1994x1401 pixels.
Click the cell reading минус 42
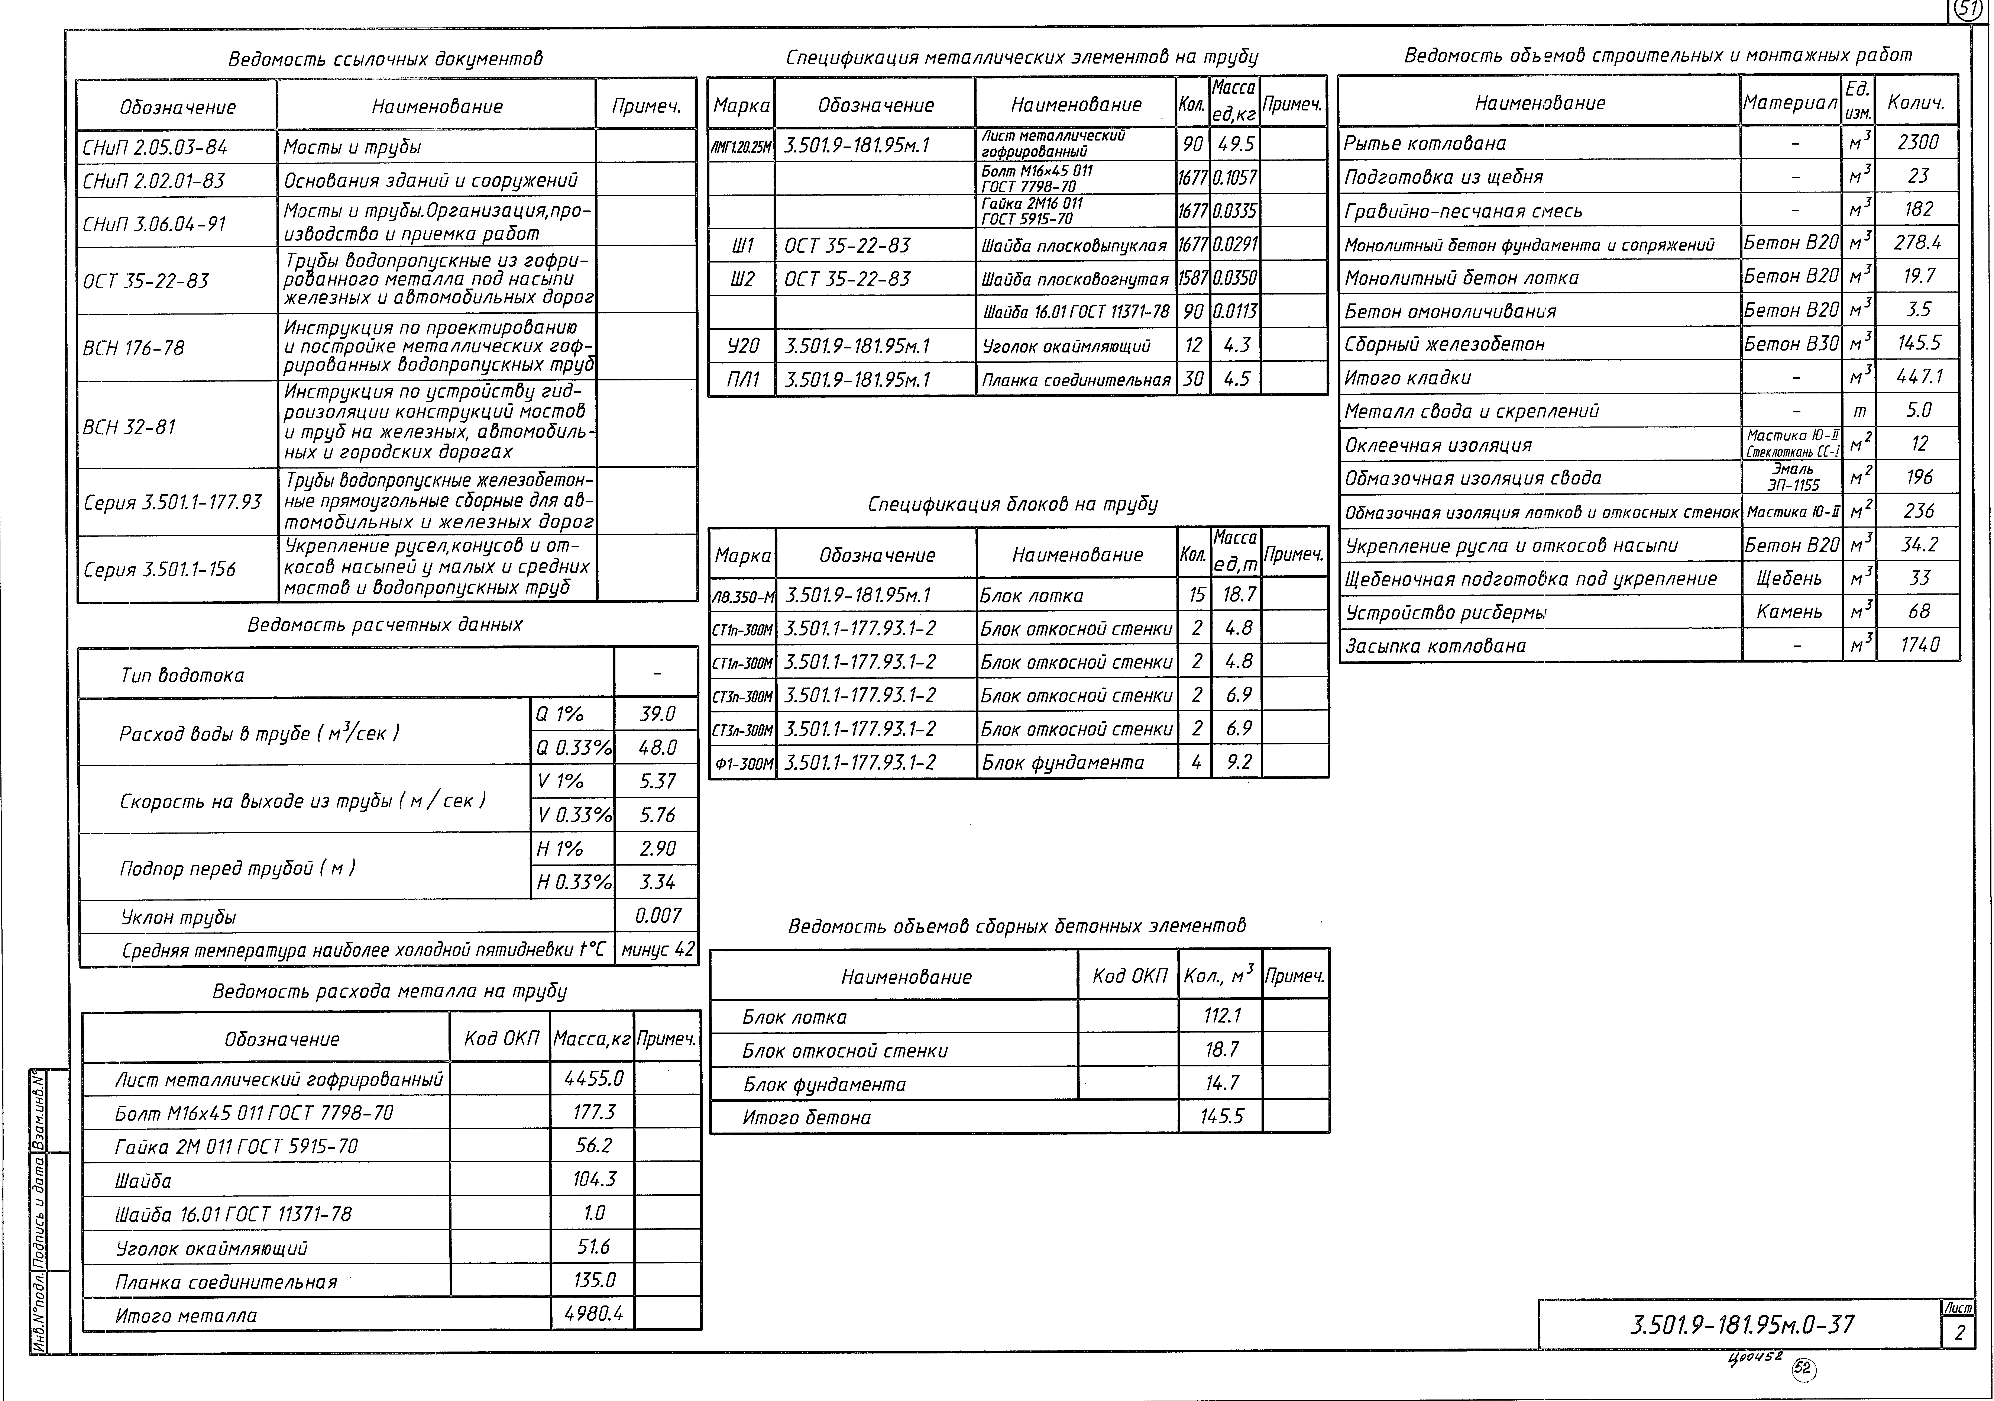(x=657, y=949)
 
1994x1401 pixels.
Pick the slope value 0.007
(x=657, y=915)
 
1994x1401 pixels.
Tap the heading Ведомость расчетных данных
(x=385, y=625)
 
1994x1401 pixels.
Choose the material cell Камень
(x=1790, y=612)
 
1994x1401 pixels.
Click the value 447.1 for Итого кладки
(x=1917, y=377)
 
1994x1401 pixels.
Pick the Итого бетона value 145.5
(x=1221, y=1116)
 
